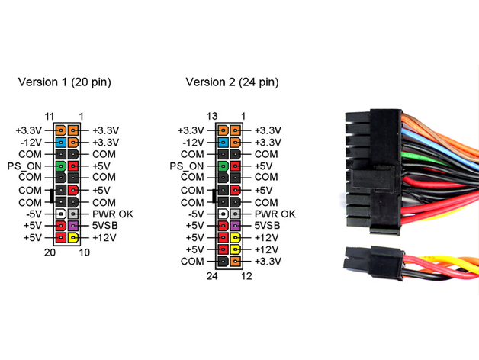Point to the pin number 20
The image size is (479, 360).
pyautogui.click(x=51, y=252)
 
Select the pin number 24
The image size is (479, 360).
pyautogui.click(x=214, y=275)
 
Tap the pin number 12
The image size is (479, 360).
pyautogui.click(x=246, y=275)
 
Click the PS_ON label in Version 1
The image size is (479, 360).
pyautogui.click(x=25, y=166)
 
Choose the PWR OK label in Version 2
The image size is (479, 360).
pyautogui.click(x=276, y=214)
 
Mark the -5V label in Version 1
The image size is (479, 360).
pyautogui.click(x=34, y=214)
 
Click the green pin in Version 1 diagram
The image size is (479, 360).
pyautogui.click(x=60, y=166)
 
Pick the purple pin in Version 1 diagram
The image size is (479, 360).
pyautogui.click(x=73, y=226)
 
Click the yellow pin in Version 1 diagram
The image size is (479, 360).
pyautogui.click(x=73, y=238)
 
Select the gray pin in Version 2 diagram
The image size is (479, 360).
pyautogui.click(x=236, y=214)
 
